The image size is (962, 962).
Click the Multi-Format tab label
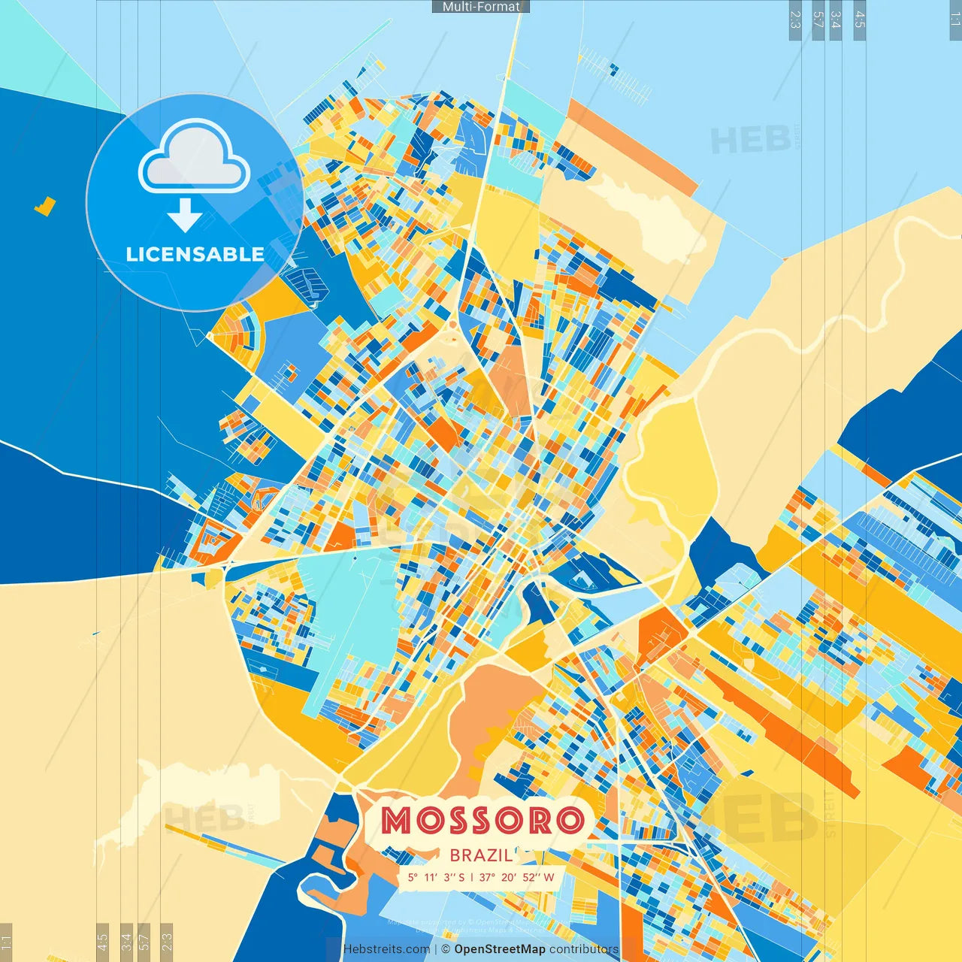point(481,7)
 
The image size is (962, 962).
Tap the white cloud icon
point(194,159)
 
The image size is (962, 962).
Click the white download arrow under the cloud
point(184,215)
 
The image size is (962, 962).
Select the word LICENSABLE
point(195,254)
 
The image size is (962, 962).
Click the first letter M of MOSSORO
point(395,821)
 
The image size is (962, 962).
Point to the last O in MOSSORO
point(569,821)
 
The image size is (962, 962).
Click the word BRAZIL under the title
point(481,855)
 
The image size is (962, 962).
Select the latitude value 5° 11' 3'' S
point(436,877)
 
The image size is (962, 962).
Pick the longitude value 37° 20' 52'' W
point(516,877)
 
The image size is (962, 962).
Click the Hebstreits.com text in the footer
point(386,949)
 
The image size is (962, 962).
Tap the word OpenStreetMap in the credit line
point(499,949)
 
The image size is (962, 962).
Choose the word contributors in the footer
point(583,949)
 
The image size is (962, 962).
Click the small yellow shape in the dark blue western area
point(45,206)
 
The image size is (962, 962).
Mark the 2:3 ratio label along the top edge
point(795,20)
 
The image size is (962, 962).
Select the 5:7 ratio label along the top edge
point(818,20)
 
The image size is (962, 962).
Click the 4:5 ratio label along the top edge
point(860,20)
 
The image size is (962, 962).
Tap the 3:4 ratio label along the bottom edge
point(126,942)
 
